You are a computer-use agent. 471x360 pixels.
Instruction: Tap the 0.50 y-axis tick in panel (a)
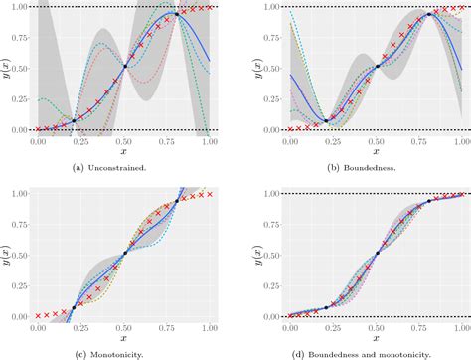click(18, 69)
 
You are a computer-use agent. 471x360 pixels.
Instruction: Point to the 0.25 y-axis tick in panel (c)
click(18, 285)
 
